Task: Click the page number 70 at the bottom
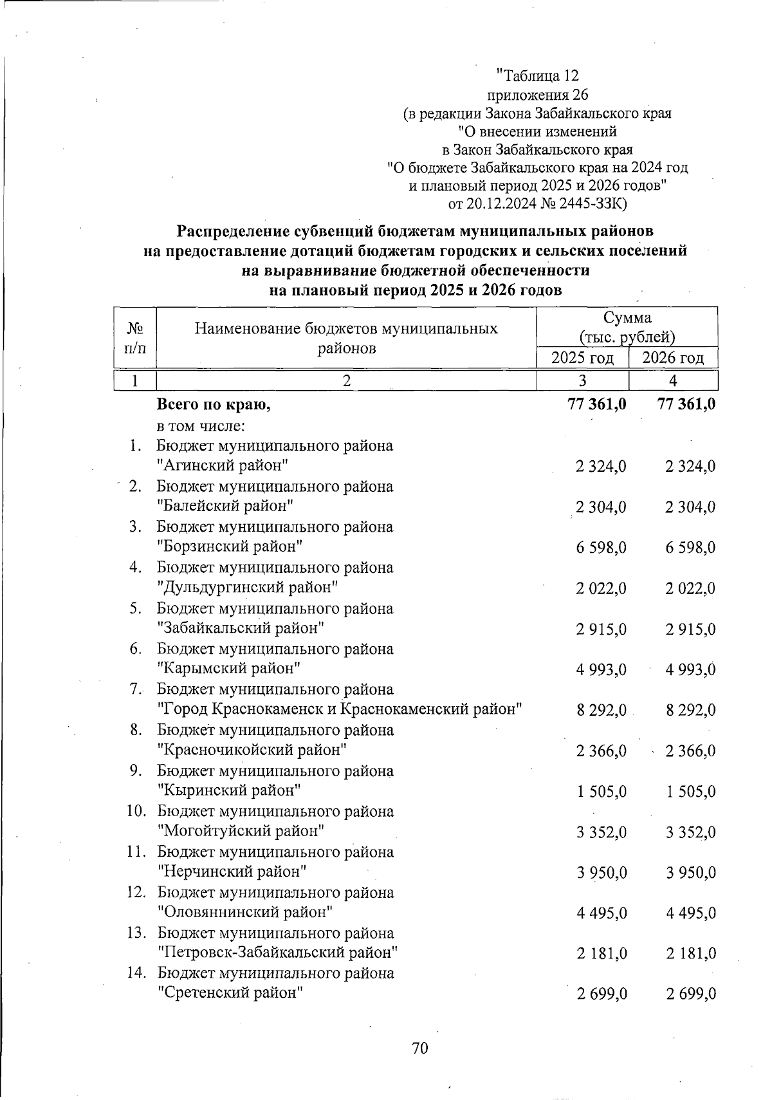(x=419, y=1049)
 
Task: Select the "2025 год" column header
(x=582, y=358)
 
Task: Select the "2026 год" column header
(x=673, y=358)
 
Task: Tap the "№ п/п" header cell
(x=135, y=338)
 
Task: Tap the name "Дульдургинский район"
(x=248, y=588)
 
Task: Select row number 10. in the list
(x=136, y=811)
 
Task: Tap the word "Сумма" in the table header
(x=627, y=317)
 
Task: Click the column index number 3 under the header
(x=582, y=381)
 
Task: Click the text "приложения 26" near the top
(x=538, y=95)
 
